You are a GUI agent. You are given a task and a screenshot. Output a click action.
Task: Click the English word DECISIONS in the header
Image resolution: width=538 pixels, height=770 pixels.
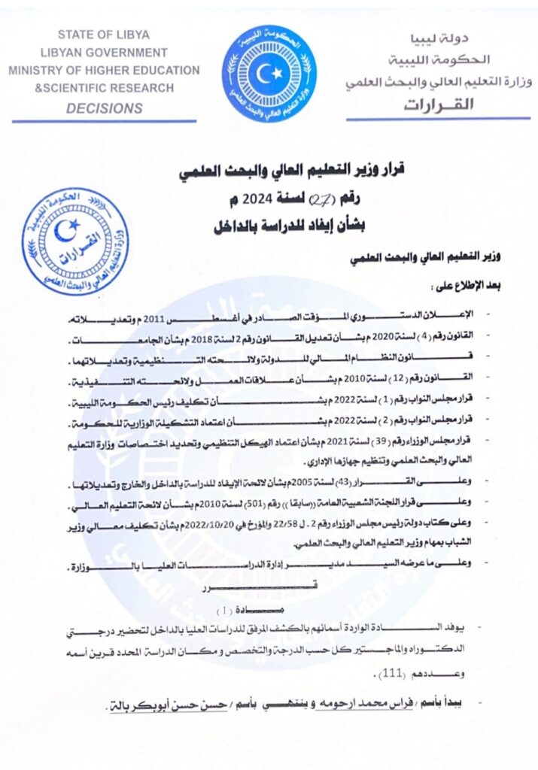[105, 108]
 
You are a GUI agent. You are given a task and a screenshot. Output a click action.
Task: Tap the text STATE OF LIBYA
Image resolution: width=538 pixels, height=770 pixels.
[104, 35]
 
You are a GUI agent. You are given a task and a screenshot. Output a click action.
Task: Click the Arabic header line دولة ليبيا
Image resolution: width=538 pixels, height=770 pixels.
[465, 38]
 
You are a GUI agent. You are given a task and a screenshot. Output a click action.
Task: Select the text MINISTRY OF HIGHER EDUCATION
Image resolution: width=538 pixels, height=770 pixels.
[105, 71]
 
